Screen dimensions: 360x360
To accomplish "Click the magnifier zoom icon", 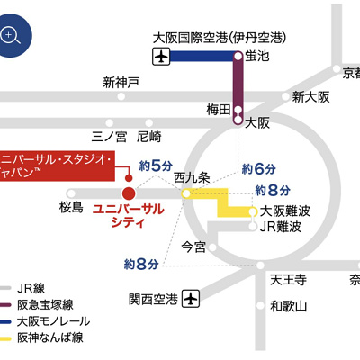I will tap(12, 35).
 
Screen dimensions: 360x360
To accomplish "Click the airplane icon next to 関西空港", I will tap(190, 297).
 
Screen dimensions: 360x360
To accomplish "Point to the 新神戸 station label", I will tap(121, 82).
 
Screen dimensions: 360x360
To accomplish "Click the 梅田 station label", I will tap(219, 110).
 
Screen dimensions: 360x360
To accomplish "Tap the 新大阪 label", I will tap(310, 96).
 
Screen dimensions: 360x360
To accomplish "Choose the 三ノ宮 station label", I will tap(110, 137).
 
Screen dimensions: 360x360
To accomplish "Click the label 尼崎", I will tap(148, 137).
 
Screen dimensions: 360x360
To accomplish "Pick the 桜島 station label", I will tap(71, 208).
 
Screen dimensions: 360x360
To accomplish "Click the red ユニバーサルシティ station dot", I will tap(129, 193).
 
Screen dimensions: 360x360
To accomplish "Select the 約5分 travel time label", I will tap(156, 166).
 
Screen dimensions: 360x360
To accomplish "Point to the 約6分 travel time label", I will tap(257, 168).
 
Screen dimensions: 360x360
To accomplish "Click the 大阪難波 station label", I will tap(285, 211).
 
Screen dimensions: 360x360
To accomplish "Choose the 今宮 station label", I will tap(193, 246).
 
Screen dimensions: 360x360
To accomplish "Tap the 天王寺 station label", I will tap(289, 281).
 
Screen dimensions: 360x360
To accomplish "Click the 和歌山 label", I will tap(289, 306).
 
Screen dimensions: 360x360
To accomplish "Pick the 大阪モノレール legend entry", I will tap(50, 320).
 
